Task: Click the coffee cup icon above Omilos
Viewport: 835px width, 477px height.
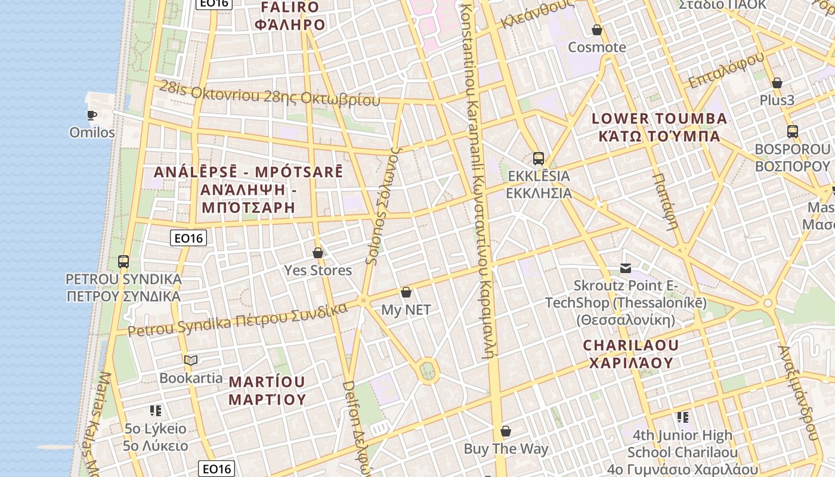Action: click(x=91, y=115)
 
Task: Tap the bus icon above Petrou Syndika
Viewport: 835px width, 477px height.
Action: click(x=123, y=261)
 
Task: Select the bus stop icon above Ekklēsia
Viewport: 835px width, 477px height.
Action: click(x=539, y=159)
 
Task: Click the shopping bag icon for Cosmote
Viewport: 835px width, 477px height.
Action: click(x=597, y=30)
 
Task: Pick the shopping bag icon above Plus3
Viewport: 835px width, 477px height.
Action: click(x=777, y=83)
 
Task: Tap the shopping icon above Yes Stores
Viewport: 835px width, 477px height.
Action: click(x=318, y=253)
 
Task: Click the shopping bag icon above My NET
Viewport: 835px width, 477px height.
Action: click(x=406, y=292)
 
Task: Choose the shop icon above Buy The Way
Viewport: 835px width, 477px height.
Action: click(x=506, y=431)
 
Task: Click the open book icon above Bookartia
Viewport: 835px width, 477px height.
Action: click(x=191, y=360)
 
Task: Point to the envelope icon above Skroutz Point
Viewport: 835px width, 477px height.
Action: click(x=626, y=268)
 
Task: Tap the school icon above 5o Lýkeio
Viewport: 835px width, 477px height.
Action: click(x=156, y=410)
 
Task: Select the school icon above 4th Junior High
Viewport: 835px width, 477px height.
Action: click(x=682, y=417)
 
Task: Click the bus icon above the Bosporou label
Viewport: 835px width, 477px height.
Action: click(x=793, y=132)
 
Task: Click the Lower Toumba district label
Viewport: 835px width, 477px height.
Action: click(x=659, y=127)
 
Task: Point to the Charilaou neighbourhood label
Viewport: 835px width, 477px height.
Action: click(x=631, y=354)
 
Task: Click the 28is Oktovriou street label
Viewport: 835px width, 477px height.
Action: click(x=269, y=93)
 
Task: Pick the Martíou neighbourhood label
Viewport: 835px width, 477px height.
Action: click(x=267, y=391)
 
